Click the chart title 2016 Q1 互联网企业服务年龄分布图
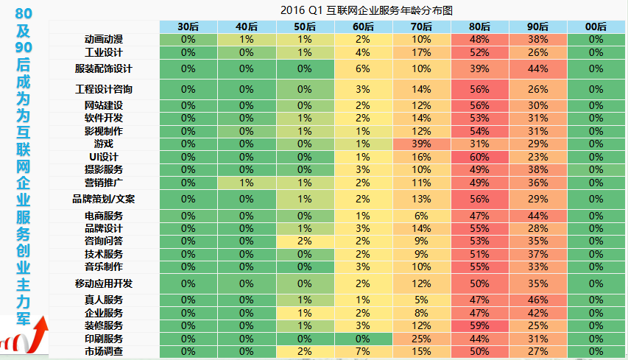pos(366,10)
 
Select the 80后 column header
pos(479,27)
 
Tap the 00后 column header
pos(596,27)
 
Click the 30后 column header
pos(188,27)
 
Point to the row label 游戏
pos(103,144)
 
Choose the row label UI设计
pos(103,157)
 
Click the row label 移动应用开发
pos(103,283)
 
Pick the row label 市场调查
pos(103,352)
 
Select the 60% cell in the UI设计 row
pos(479,157)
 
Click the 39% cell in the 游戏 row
pos(421,144)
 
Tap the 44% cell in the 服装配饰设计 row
pos(537,68)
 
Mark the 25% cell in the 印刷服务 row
pos(421,339)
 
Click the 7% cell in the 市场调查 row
pos(362,352)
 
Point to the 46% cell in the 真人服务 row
pos(537,300)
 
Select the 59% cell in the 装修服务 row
pos(479,325)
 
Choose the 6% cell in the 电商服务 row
pos(421,216)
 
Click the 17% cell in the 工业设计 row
pos(421,52)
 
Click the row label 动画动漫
pos(103,39)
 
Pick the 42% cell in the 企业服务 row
pos(537,313)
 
